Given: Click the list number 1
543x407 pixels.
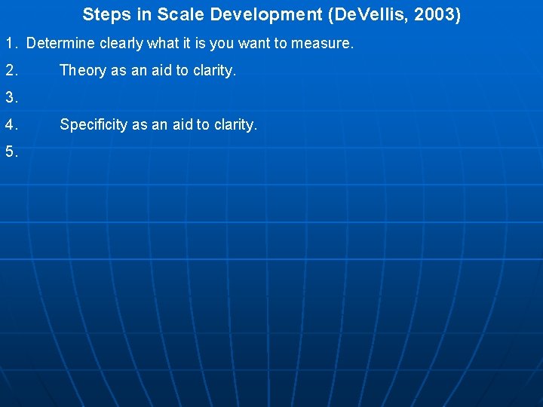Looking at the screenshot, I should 10,44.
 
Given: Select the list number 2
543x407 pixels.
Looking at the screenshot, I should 11,71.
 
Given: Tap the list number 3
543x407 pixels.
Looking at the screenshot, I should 11,97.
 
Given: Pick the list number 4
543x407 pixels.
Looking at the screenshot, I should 11,124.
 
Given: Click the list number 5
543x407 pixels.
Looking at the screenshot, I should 11,151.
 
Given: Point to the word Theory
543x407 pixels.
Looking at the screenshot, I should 83,71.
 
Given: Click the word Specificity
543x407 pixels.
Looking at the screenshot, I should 94,124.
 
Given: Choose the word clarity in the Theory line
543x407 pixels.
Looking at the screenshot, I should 214,71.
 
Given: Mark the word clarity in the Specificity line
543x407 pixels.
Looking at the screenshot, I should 235,124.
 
